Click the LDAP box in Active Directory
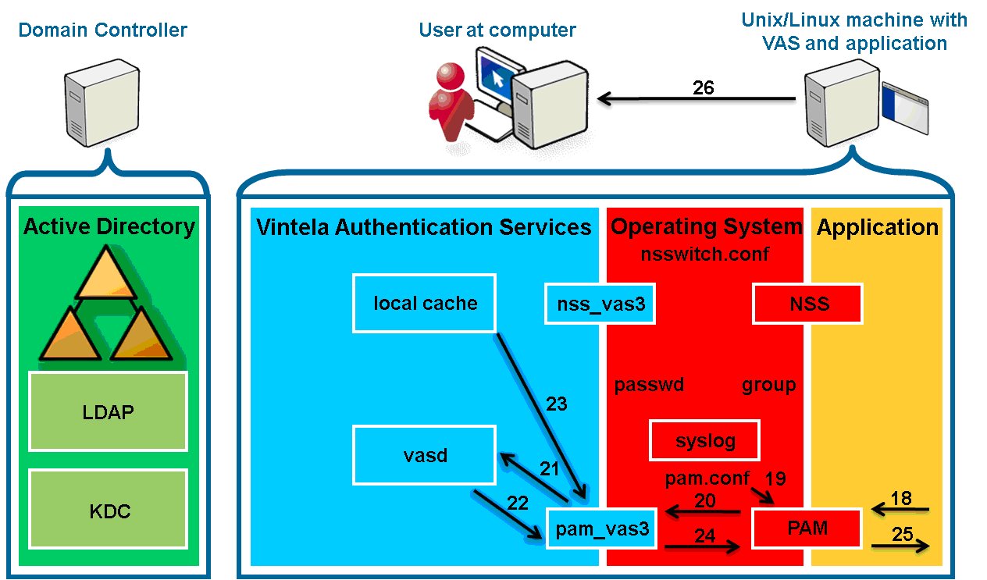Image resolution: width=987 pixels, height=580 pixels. pos(108,411)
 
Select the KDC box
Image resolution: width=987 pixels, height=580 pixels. pos(108,509)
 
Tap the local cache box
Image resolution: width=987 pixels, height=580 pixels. pos(424,303)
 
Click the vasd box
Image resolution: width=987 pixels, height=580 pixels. pos(424,455)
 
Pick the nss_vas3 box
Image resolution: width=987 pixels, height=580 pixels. pos(600,304)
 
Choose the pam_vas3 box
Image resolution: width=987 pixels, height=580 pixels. pos(601,528)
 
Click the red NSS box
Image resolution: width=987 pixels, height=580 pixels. pos(807,304)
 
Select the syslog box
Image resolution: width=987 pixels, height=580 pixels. pos(704,440)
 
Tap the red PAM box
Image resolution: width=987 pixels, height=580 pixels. pos(807,528)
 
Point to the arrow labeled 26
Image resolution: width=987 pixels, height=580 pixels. pos(697,98)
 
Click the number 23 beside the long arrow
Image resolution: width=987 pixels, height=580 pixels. pos(557,404)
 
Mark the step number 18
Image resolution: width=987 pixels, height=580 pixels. pos(901,498)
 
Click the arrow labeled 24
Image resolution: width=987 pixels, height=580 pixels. pos(702,547)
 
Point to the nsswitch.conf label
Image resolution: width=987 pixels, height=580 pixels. pos(704,254)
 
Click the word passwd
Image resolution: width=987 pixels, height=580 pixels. pos(649,385)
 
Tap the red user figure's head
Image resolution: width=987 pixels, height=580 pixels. pos(451,77)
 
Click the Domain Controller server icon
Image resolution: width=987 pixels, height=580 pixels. pos(102,102)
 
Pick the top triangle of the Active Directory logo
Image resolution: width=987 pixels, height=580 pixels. pos(105,273)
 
